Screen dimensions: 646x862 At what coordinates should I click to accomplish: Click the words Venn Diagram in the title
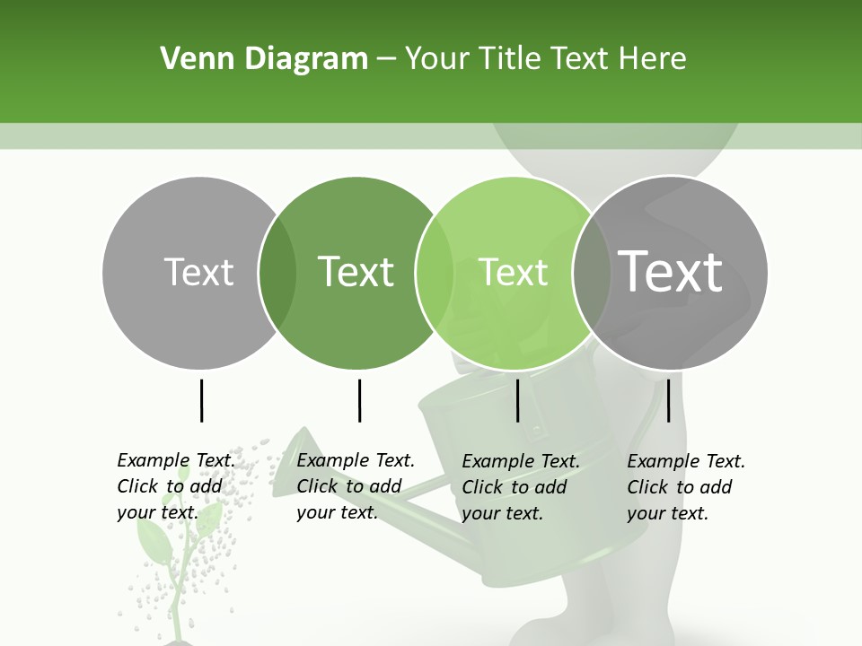(x=264, y=59)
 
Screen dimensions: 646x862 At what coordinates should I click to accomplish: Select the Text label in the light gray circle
(x=198, y=272)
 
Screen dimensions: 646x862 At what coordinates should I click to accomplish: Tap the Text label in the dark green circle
(x=356, y=272)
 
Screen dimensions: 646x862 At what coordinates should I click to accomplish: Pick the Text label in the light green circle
(x=513, y=272)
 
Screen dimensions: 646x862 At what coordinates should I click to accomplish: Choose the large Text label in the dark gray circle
(x=670, y=271)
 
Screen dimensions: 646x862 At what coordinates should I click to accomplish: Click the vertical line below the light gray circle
(x=201, y=400)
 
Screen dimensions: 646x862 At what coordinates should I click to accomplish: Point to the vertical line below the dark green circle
(x=359, y=400)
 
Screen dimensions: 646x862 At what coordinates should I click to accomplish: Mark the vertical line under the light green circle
(x=518, y=400)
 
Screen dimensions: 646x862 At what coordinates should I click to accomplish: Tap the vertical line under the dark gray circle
(x=668, y=400)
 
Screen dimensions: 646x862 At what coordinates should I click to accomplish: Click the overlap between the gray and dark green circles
(x=277, y=272)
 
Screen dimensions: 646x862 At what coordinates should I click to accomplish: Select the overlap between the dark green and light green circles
(x=435, y=272)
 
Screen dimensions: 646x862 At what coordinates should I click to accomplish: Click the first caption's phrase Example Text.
(x=176, y=460)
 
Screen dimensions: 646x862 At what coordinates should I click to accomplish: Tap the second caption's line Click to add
(x=348, y=486)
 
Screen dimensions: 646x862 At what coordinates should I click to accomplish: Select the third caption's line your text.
(x=502, y=513)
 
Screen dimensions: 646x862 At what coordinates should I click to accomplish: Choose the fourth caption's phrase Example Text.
(x=686, y=461)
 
